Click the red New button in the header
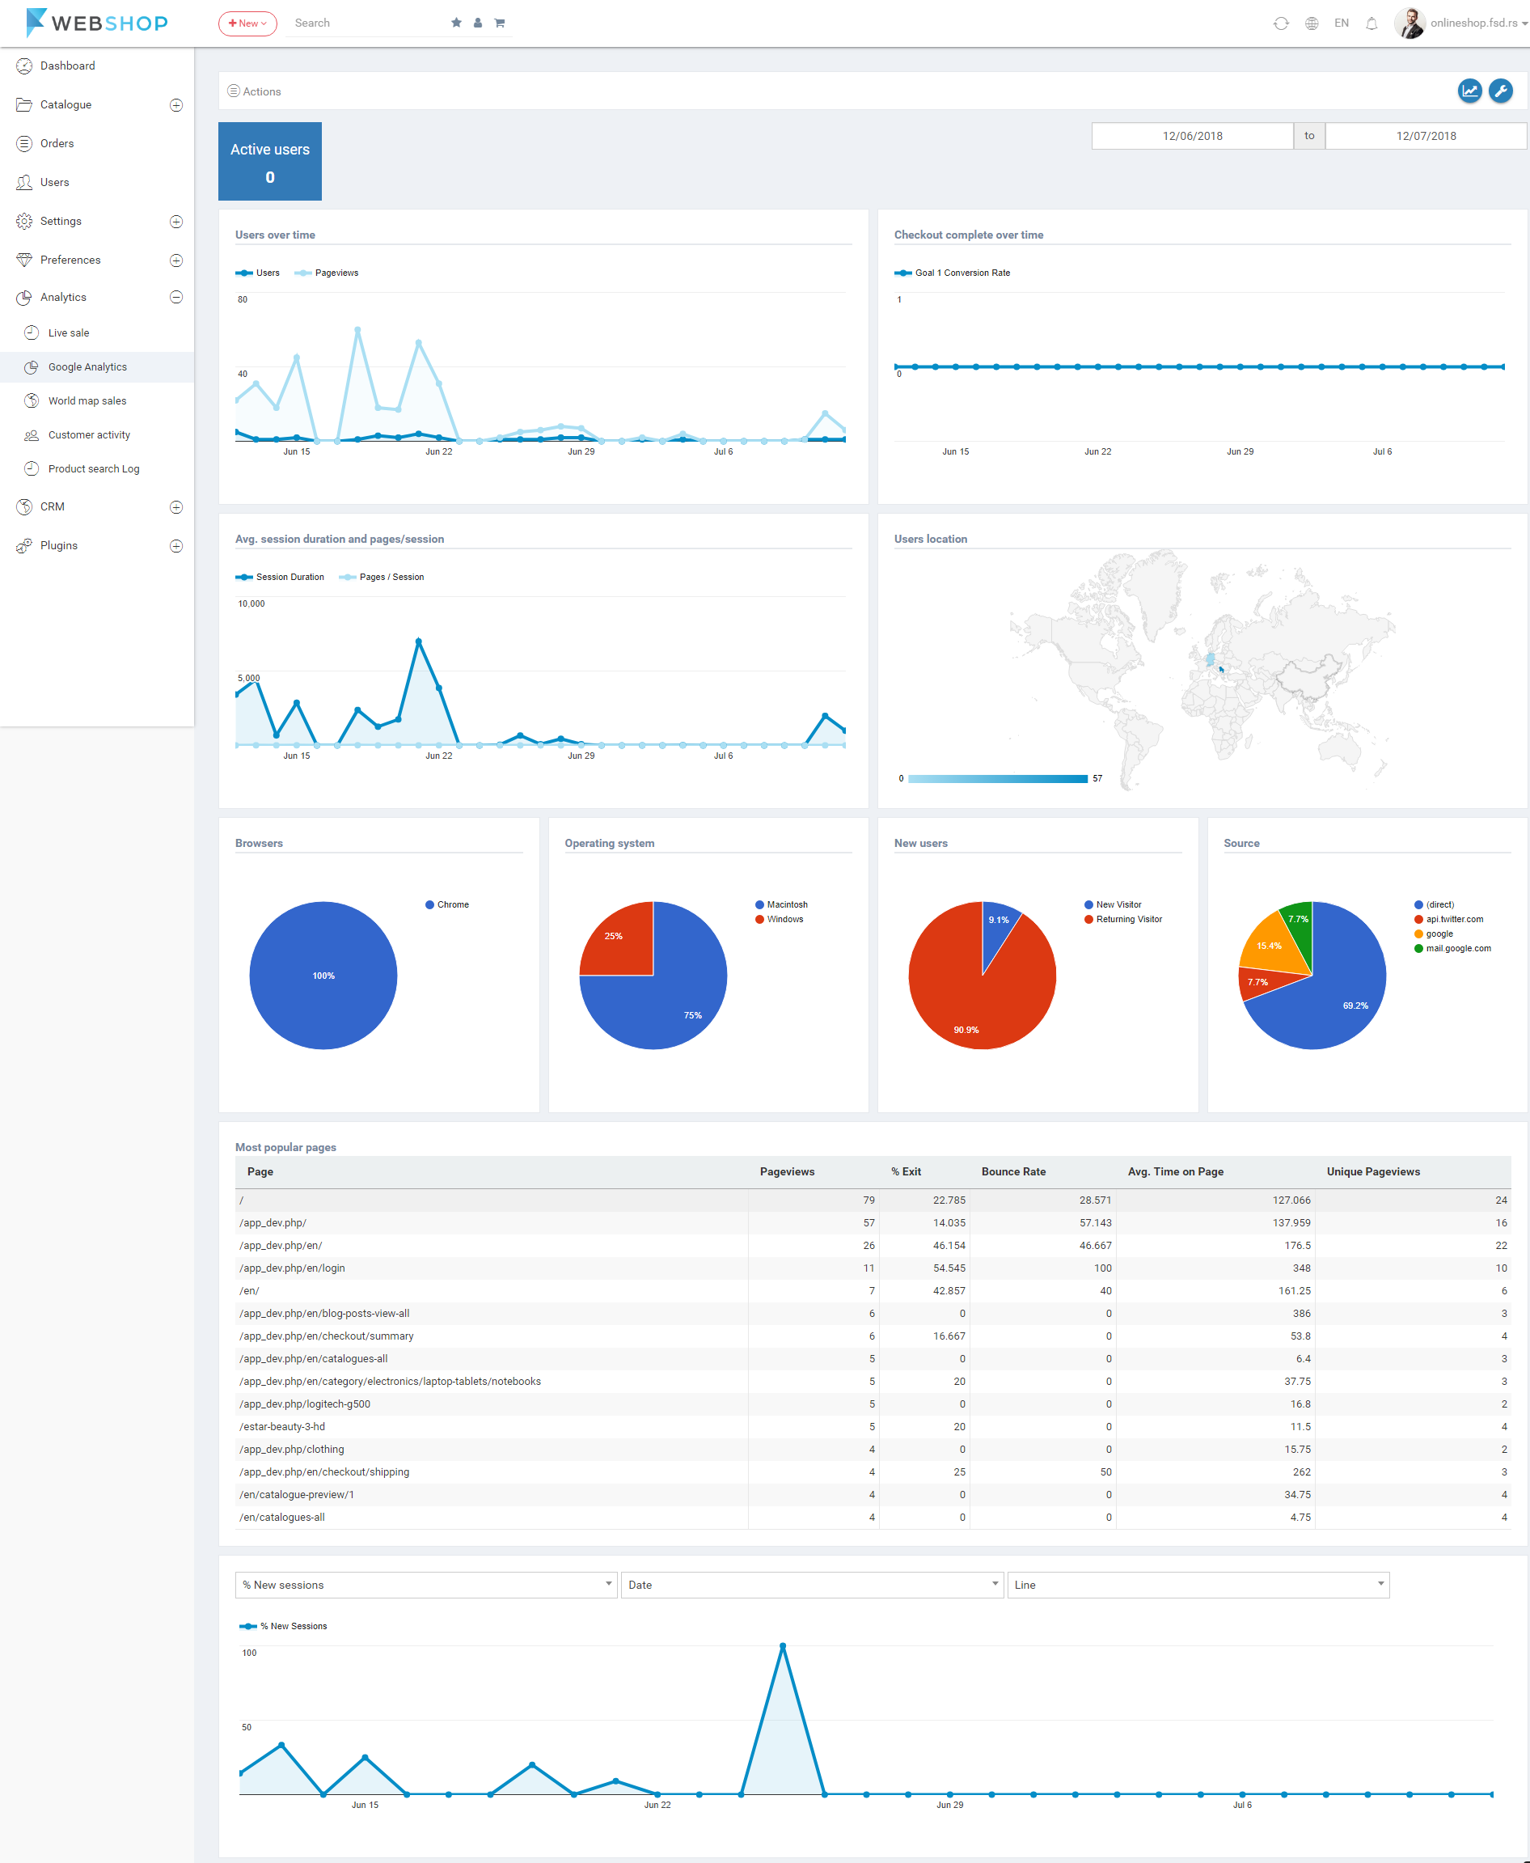click(x=247, y=23)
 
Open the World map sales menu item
click(x=87, y=401)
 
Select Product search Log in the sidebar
click(x=94, y=469)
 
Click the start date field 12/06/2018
click(x=1191, y=136)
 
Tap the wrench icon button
click(x=1500, y=91)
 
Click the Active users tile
click(x=269, y=161)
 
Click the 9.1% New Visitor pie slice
click(x=999, y=925)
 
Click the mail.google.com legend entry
click(x=1458, y=949)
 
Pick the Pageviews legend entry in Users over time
click(x=336, y=273)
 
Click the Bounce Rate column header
click(x=1013, y=1172)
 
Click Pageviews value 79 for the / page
click(x=869, y=1200)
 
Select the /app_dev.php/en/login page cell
click(x=292, y=1268)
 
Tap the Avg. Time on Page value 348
click(x=1301, y=1268)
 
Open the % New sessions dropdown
click(x=425, y=1585)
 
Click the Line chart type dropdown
click(x=1198, y=1585)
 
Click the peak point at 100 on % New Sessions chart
click(x=783, y=1646)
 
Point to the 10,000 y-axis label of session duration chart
click(x=251, y=604)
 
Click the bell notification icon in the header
click(x=1372, y=23)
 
